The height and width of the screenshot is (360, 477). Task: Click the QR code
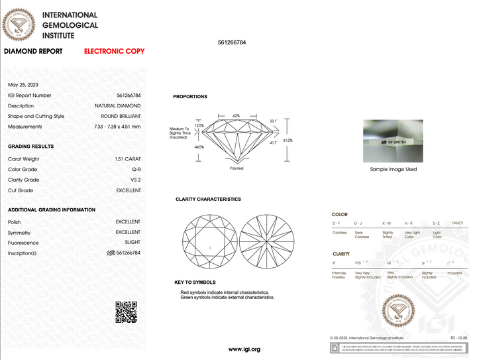tap(127, 312)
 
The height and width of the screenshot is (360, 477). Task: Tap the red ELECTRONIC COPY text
tap(114, 51)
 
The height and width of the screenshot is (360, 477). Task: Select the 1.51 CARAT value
tap(128, 159)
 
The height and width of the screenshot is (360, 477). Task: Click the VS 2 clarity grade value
tap(134, 180)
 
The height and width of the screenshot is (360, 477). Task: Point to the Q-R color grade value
tap(136, 170)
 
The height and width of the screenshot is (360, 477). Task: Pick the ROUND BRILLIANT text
tap(121, 116)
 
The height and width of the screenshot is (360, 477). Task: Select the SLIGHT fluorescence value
tap(132, 243)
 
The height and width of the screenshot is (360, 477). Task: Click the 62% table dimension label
tap(237, 115)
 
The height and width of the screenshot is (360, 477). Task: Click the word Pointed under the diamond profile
tap(237, 168)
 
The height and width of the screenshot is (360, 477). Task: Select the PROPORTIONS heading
tap(190, 97)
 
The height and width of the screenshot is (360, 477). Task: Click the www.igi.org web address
tap(244, 349)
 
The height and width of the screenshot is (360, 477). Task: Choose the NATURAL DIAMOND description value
tap(117, 106)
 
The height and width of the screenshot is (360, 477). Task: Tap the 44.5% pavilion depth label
tap(199, 147)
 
